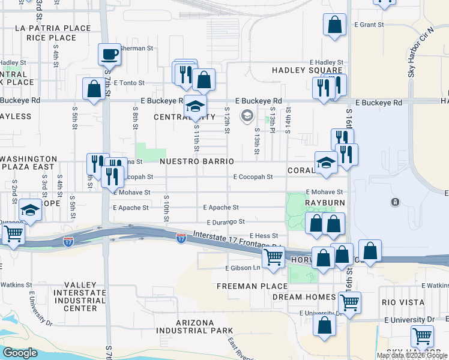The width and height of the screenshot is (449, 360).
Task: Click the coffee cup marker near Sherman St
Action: click(x=109, y=55)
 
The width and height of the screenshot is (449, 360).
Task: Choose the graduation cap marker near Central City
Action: click(x=195, y=107)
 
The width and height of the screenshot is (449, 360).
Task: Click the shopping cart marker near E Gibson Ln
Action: click(x=274, y=256)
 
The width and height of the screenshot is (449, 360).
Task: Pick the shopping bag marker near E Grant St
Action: click(x=335, y=25)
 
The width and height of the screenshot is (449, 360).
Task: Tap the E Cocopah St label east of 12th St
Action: click(x=253, y=177)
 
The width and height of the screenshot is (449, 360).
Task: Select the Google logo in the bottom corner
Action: click(x=20, y=353)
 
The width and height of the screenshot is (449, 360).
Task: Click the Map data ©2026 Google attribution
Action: click(x=412, y=355)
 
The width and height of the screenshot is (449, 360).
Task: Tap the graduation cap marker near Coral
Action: click(x=326, y=163)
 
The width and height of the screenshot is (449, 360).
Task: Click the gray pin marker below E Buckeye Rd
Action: click(x=247, y=115)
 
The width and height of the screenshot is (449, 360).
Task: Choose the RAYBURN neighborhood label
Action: click(x=324, y=203)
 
